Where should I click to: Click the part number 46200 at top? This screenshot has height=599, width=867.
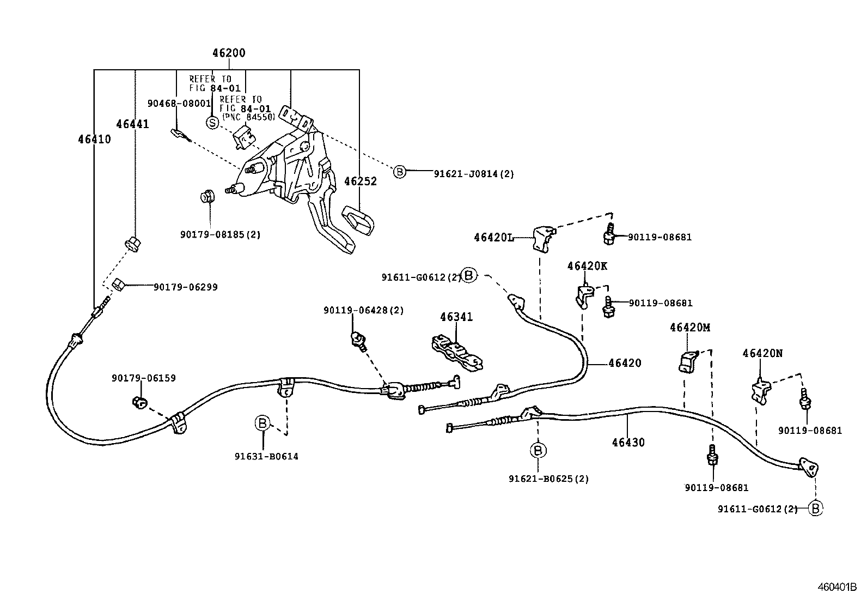click(228, 53)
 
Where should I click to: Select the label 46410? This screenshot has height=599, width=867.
click(94, 140)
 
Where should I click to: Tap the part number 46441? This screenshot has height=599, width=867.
click(132, 124)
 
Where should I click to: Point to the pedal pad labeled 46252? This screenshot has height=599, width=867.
click(358, 222)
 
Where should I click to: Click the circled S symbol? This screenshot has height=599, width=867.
click(212, 123)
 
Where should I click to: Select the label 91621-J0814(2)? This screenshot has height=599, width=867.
click(474, 174)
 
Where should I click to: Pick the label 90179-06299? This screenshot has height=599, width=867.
click(185, 287)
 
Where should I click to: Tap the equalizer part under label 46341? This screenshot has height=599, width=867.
click(457, 354)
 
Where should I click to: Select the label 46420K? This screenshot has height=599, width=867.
click(587, 266)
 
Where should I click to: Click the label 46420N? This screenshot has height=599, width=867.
click(762, 353)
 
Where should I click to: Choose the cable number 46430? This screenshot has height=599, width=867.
click(627, 443)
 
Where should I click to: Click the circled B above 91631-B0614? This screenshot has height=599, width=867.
click(262, 422)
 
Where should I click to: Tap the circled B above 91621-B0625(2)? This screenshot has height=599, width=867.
click(538, 450)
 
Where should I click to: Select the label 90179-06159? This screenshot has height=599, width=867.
click(144, 378)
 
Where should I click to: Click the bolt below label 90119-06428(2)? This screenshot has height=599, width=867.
click(358, 340)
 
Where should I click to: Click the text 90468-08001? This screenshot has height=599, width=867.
click(179, 103)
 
